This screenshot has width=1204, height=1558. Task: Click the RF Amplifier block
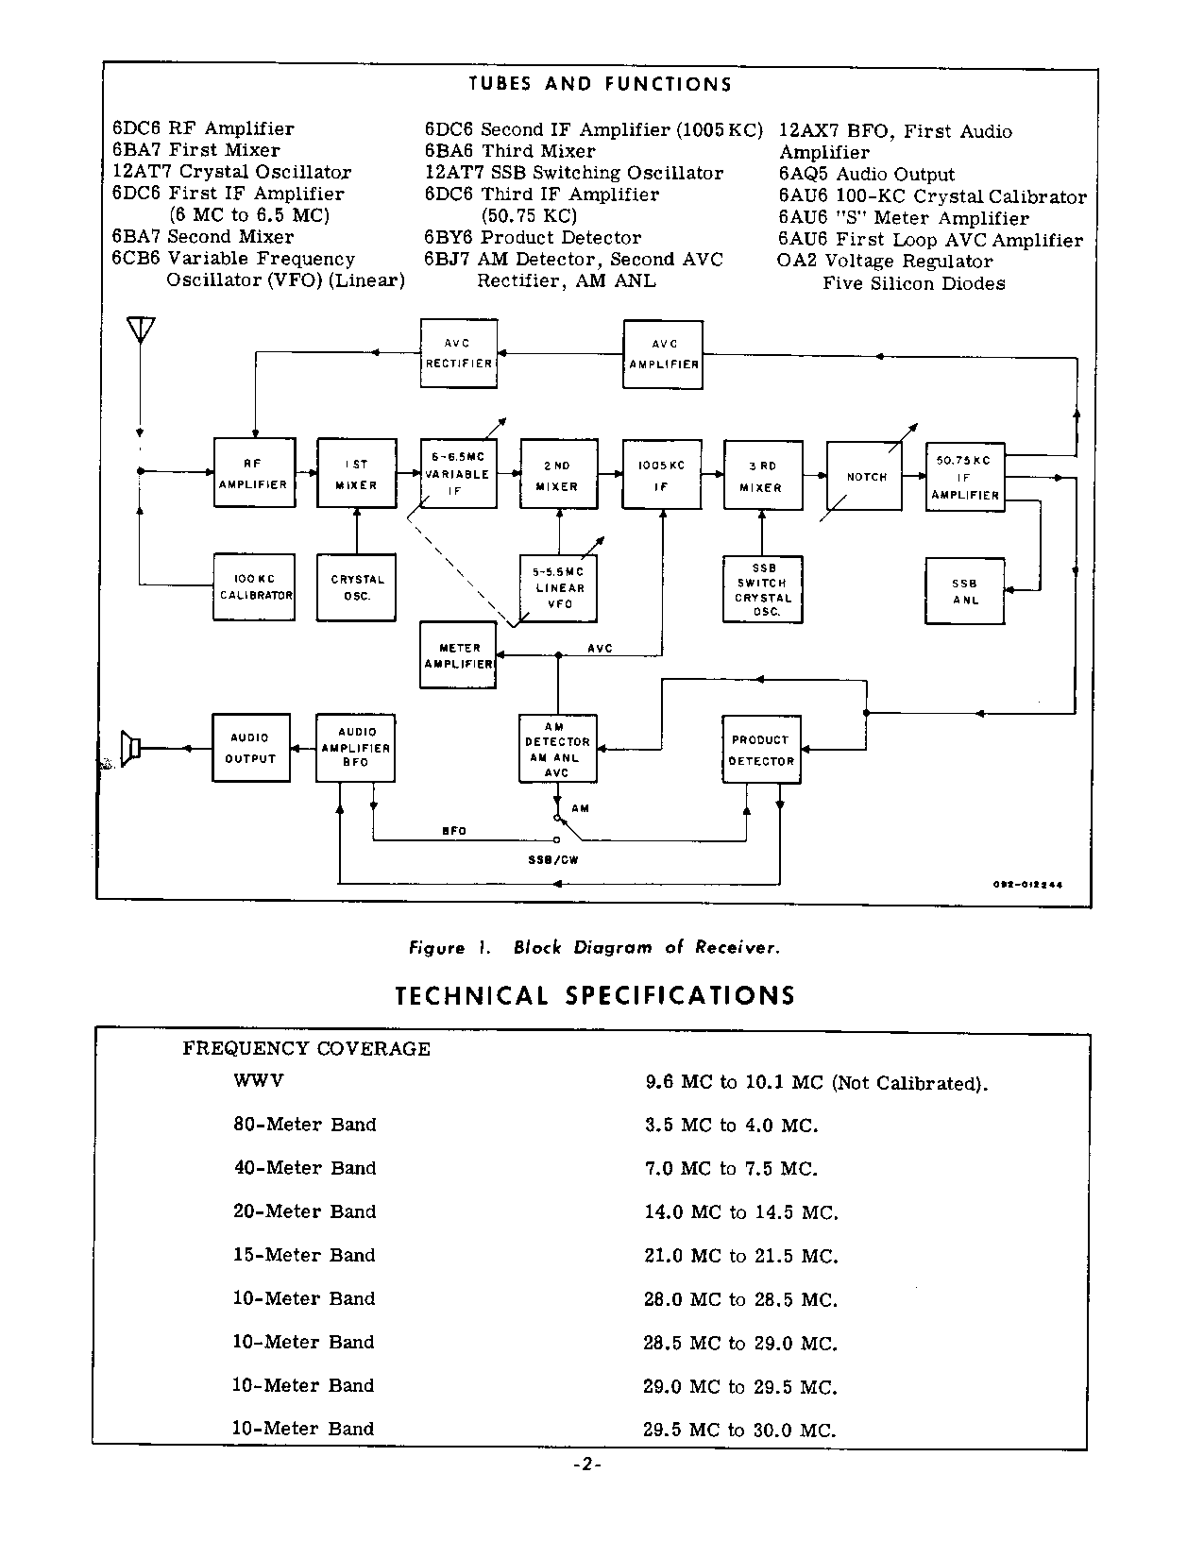click(x=254, y=473)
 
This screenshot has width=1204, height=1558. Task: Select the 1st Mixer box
click(x=356, y=474)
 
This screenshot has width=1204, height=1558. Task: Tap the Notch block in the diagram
click(x=866, y=477)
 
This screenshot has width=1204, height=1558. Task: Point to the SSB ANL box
click(x=964, y=591)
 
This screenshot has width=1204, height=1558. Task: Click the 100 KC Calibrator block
click(x=254, y=586)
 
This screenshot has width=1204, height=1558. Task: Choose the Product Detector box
click(x=761, y=750)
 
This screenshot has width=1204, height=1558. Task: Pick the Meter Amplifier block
click(x=458, y=655)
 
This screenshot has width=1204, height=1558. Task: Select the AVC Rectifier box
click(x=458, y=353)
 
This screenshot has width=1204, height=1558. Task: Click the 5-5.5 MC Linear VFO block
click(x=559, y=587)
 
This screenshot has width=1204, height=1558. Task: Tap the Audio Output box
click(x=250, y=748)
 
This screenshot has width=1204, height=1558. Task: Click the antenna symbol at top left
click(x=140, y=330)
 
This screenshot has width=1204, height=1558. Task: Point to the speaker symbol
click(x=131, y=749)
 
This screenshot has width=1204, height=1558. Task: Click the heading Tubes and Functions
click(x=600, y=84)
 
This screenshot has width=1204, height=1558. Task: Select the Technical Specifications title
click(x=595, y=996)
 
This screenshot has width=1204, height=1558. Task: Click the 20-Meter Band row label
click(x=304, y=1211)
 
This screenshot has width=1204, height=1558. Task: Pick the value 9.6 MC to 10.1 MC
click(x=816, y=1082)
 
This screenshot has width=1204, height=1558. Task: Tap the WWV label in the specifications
click(x=258, y=1079)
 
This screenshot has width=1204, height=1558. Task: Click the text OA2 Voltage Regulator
click(x=885, y=262)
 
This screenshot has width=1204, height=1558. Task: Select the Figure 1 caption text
click(x=594, y=947)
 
